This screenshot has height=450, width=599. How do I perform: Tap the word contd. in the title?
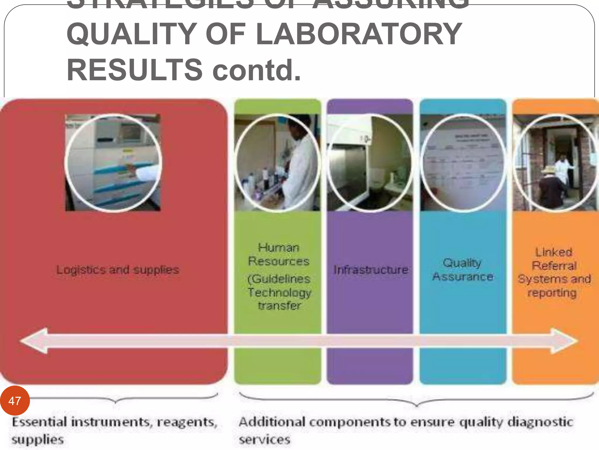[257, 70]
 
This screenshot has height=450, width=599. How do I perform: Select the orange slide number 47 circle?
[15, 400]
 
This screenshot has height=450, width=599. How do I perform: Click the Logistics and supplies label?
[118, 270]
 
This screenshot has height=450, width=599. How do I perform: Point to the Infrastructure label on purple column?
[371, 270]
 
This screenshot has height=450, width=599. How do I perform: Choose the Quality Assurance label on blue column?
[463, 270]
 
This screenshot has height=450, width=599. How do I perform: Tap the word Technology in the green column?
[279, 292]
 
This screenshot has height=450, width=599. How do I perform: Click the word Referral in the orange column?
[554, 266]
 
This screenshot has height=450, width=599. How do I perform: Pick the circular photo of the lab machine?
[113, 163]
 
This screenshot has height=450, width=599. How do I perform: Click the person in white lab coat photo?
[277, 163]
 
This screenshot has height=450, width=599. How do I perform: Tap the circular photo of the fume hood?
[370, 163]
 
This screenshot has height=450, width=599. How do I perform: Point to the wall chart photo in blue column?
[463, 163]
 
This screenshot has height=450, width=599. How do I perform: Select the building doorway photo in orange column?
[555, 163]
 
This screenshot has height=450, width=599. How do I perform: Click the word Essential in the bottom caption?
[39, 422]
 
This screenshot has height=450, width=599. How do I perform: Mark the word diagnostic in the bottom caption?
[540, 422]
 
